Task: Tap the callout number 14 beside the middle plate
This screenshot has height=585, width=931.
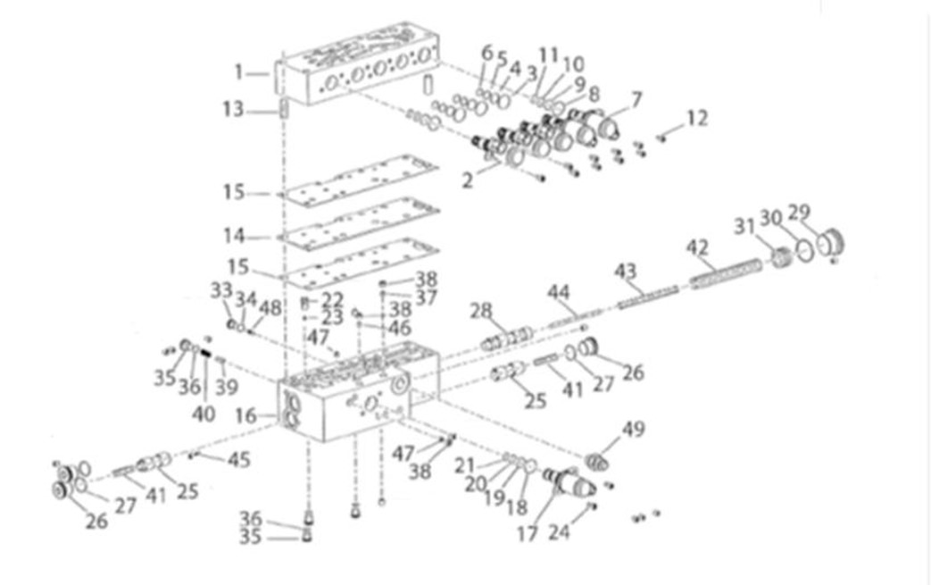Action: click(x=234, y=237)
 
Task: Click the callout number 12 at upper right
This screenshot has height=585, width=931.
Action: click(x=697, y=117)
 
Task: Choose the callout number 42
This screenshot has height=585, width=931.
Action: click(x=698, y=247)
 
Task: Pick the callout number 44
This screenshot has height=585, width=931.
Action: click(x=559, y=292)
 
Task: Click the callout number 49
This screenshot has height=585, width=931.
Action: click(x=633, y=429)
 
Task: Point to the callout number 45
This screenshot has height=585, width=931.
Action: click(x=238, y=460)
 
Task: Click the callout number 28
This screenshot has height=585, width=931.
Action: click(x=482, y=312)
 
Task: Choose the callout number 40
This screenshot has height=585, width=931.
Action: click(x=204, y=414)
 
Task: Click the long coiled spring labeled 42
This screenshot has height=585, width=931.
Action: click(x=725, y=272)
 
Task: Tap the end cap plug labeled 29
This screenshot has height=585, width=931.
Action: click(x=829, y=242)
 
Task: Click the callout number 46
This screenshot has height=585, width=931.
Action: click(x=398, y=328)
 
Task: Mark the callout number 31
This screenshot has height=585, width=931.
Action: click(x=744, y=228)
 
